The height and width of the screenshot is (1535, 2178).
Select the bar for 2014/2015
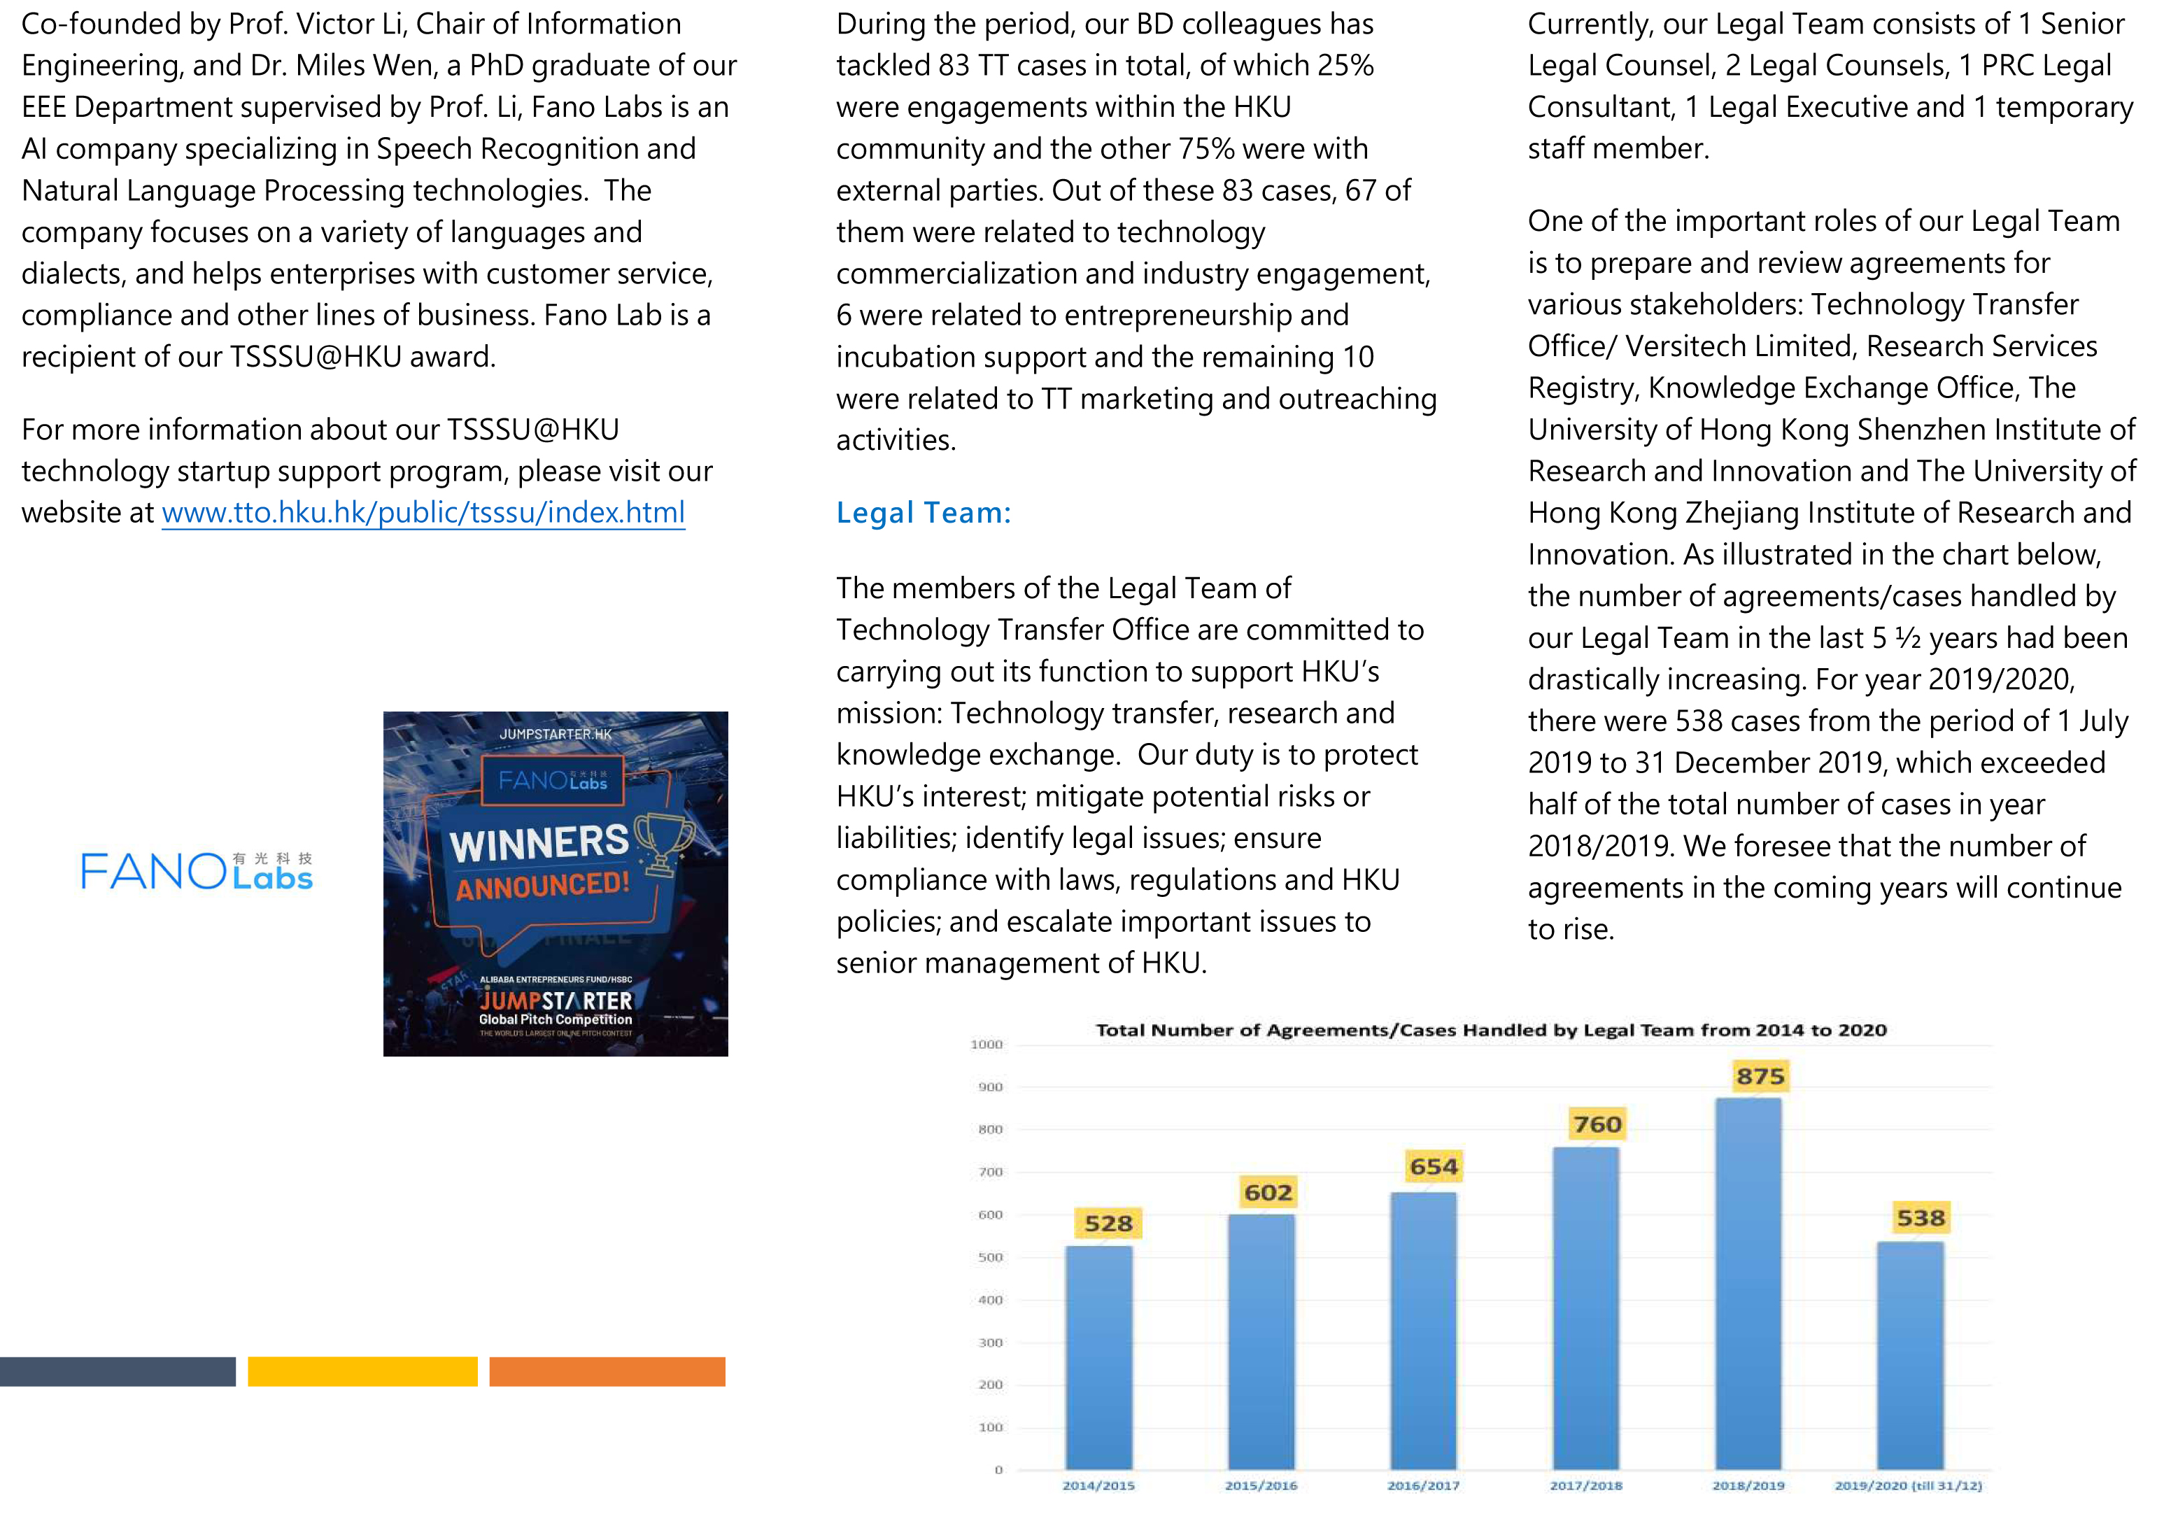pos(1098,1357)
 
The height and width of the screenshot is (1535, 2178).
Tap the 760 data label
pos(1597,1125)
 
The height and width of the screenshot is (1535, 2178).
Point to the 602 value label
pos(1268,1192)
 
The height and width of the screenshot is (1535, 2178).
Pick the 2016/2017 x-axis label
pos(1423,1485)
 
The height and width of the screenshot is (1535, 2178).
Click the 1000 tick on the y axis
pos(987,1045)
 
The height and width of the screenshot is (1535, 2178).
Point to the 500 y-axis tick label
pos(990,1258)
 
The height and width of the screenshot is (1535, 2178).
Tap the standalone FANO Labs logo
pos(197,871)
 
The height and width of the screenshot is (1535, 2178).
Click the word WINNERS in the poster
pos(539,843)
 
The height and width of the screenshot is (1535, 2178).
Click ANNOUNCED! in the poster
pos(543,886)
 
